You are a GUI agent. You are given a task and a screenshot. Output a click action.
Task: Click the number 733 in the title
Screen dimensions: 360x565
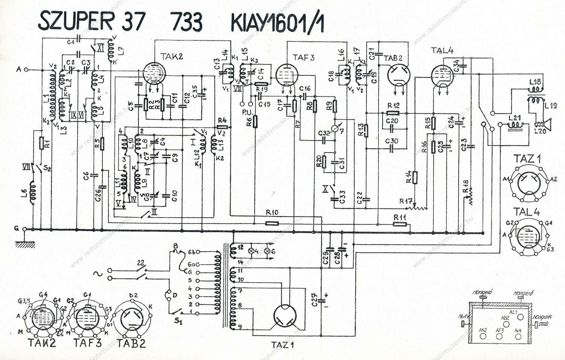[x=186, y=21]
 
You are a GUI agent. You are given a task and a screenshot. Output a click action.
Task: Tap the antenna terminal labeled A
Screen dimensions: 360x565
[x=26, y=69]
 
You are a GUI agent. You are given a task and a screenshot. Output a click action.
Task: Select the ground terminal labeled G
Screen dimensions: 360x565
[x=25, y=229]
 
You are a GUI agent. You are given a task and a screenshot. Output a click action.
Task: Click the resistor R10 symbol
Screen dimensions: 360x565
[x=272, y=223]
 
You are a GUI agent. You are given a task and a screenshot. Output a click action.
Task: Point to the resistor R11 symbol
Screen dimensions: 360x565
[x=400, y=224]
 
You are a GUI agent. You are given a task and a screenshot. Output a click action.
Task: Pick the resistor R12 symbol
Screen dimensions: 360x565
[x=393, y=112]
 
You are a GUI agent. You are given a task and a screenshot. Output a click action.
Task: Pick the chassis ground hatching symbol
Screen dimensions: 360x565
[x=25, y=244]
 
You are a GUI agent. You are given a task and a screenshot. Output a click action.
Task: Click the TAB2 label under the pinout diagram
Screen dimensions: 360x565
[x=131, y=343]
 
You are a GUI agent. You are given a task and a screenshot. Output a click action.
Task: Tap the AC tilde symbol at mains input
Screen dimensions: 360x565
[x=99, y=274]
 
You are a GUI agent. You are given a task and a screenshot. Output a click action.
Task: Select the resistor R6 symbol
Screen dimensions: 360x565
[x=256, y=121]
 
